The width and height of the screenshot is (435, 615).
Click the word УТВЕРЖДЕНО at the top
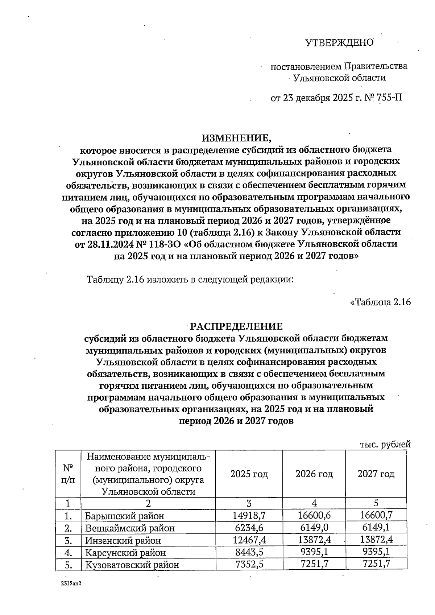tap(339, 43)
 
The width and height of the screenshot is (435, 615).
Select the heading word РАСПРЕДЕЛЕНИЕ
tap(236, 326)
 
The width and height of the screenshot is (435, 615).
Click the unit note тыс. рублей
tap(385, 445)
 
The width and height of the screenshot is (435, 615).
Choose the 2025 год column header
tap(249, 474)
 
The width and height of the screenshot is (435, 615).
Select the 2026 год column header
tap(314, 474)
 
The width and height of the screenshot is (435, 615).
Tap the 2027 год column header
tap(376, 474)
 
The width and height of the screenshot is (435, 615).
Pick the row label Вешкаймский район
tap(130, 528)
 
